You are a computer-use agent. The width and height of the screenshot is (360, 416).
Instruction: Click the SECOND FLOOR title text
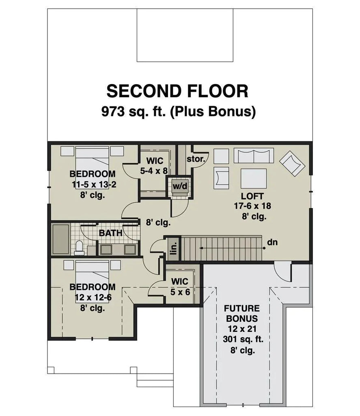tap(177, 91)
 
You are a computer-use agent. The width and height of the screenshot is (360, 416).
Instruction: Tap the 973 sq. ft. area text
tap(179, 111)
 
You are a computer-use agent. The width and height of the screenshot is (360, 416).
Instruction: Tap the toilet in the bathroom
tap(80, 247)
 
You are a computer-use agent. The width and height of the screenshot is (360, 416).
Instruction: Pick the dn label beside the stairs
tap(272, 243)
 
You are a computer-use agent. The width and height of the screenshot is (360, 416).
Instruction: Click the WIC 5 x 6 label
tap(179, 286)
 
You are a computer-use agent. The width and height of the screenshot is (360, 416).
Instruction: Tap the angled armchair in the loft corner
tap(292, 164)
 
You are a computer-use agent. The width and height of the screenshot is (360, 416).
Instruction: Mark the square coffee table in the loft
tap(254, 178)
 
